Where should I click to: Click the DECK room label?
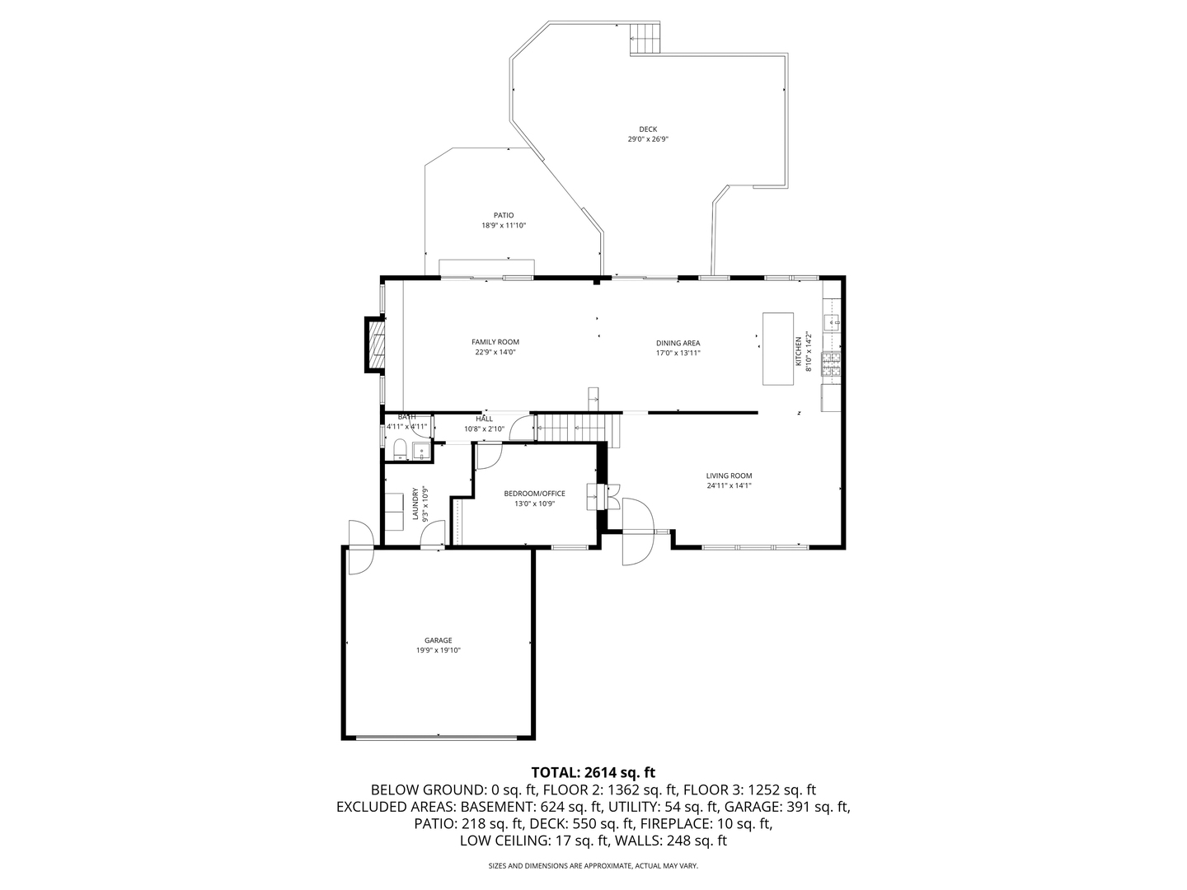648,129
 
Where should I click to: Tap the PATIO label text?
504,215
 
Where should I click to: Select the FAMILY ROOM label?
495,342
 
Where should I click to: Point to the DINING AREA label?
678,343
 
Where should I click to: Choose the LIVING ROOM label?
729,475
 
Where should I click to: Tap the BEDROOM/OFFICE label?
534,494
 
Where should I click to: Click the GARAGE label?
439,640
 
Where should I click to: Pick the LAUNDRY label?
415,504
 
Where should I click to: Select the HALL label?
484,419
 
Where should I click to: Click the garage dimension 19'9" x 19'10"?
439,651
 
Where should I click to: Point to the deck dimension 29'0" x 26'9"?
648,139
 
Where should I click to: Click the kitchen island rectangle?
777,348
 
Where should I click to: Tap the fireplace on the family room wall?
376,345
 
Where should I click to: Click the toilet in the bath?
400,449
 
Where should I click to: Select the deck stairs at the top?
646,38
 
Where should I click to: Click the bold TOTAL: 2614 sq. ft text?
593,772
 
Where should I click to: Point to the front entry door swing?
636,532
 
